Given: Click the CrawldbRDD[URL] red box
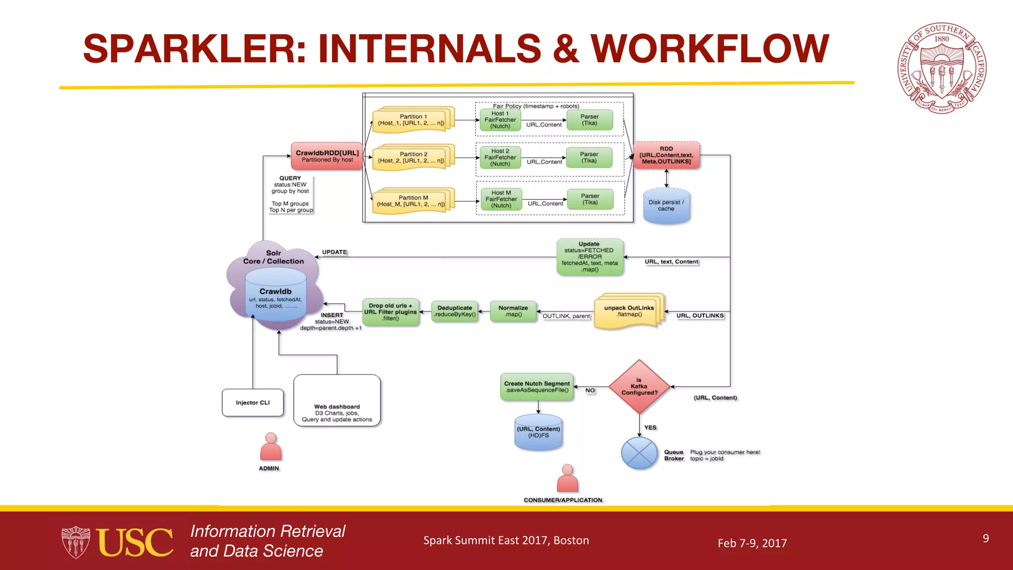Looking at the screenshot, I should (327, 156).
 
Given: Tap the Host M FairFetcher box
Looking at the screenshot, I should (501, 199).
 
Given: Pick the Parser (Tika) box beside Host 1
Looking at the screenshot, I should (589, 120).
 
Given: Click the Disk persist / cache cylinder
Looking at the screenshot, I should (666, 206).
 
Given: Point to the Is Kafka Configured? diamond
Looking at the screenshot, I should (639, 386).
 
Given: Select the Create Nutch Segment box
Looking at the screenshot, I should (537, 387).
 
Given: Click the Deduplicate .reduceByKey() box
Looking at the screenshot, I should (455, 311).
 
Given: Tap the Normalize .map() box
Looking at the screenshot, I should (513, 311).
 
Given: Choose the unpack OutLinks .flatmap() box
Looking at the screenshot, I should (629, 311).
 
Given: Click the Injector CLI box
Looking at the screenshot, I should (253, 403).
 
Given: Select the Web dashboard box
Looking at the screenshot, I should (337, 401).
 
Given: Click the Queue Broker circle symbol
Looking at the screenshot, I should (639, 453).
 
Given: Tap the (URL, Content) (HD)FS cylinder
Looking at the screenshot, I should (538, 432).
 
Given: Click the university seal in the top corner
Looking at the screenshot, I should (942, 68).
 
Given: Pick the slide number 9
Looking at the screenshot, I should (986, 538).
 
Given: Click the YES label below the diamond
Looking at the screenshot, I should (650, 427).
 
